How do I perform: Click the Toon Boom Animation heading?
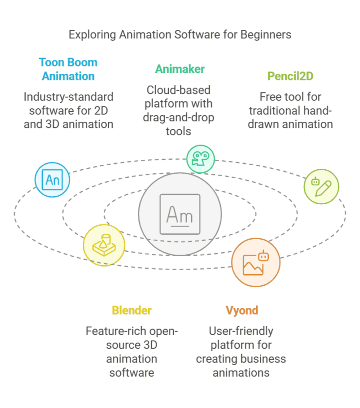tap(68, 69)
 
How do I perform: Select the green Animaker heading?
tap(179, 69)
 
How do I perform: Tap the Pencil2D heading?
tap(290, 76)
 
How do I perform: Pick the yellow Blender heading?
tap(131, 310)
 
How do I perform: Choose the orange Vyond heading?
tap(241, 310)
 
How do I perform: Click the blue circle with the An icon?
tap(52, 180)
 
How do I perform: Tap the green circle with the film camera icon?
tap(200, 159)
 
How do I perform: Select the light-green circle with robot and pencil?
tap(321, 187)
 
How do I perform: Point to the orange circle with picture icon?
tap(255, 263)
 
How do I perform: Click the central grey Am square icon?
tap(179, 214)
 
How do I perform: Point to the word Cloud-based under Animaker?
tap(178, 90)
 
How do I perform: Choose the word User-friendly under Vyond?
tap(241, 331)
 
